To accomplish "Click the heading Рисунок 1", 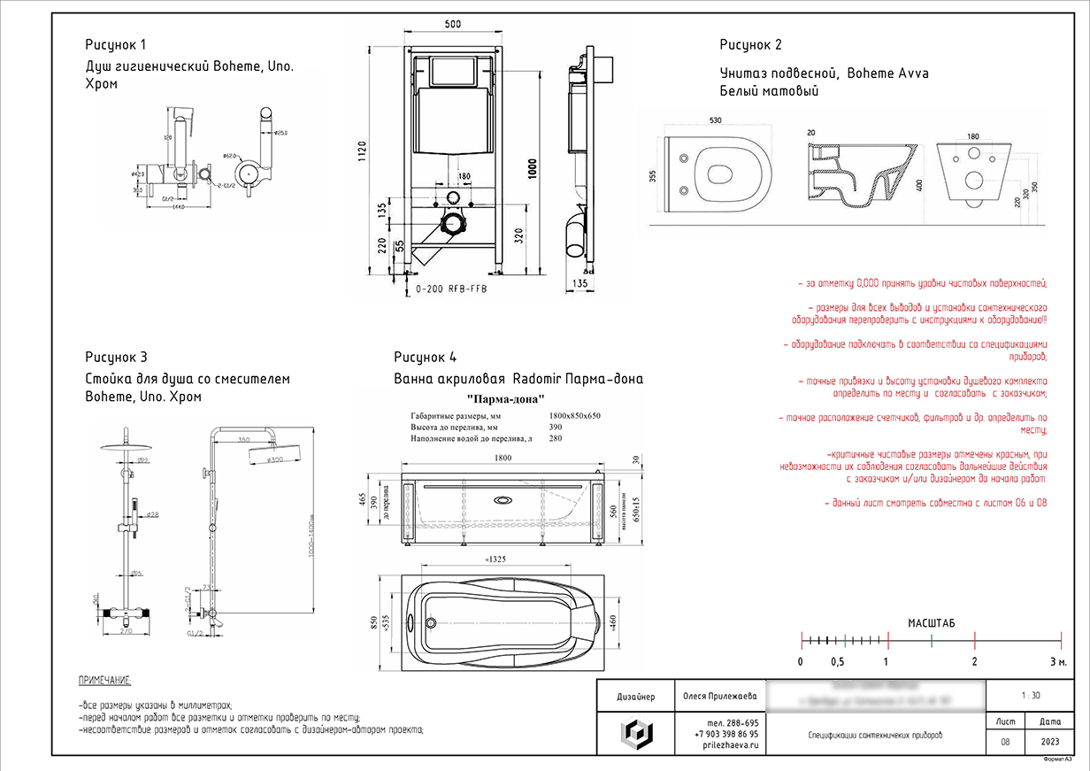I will [116, 44].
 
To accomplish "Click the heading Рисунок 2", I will [750, 45].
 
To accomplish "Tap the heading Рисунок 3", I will [116, 358].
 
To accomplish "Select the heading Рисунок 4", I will [425, 358].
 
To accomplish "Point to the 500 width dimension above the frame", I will [453, 26].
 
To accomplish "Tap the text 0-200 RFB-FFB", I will [451, 289].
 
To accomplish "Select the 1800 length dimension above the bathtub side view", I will [503, 458].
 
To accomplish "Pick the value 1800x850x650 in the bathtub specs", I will [575, 415].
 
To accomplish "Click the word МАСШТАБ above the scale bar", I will [932, 624].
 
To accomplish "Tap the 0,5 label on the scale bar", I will [837, 662].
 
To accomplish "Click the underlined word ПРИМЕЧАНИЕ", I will [104, 680].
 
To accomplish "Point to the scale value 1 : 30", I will [1030, 696].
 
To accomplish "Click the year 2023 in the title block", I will [1051, 742].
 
